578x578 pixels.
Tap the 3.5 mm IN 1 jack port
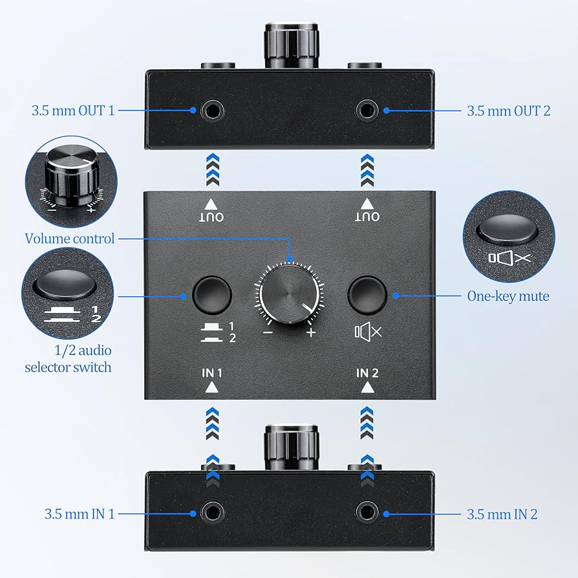coord(212,514)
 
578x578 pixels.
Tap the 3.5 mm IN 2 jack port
coord(368,514)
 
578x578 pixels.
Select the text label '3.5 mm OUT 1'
coord(72,111)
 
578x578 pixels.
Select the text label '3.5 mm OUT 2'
coord(509,111)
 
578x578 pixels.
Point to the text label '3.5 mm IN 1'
coord(79,515)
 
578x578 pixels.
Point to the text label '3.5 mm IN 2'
coord(502,515)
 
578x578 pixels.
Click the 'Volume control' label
coord(70,239)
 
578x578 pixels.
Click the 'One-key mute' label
coord(508,296)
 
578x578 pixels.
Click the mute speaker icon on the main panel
coord(368,332)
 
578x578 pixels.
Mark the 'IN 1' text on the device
coord(211,373)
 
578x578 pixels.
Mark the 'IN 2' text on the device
coord(367,373)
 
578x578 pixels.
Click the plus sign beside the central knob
coord(311,333)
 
